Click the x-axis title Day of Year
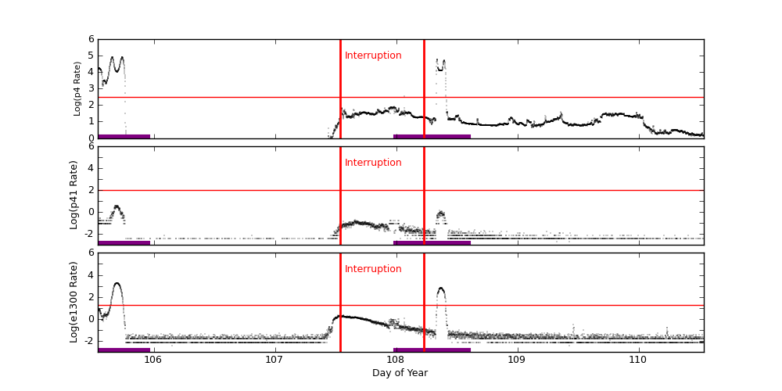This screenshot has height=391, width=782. pos(400,373)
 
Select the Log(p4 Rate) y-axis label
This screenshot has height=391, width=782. pos(77,88)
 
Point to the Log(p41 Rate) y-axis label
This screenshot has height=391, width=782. pos(74,195)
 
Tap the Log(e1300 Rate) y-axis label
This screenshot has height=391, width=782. pos(74,302)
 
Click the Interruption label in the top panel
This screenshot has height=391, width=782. pos(373,56)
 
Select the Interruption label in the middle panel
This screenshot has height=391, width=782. pos(373,163)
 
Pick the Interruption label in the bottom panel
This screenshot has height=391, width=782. pos(373,269)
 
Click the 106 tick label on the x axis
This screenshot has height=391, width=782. pos(152,359)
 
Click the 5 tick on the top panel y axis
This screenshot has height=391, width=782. pos(91,56)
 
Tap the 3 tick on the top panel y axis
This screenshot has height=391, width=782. pos(91,88)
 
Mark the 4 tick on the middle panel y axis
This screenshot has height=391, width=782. pos(91,167)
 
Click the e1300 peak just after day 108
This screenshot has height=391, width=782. pos(441,289)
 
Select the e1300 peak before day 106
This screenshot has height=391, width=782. pos(117,284)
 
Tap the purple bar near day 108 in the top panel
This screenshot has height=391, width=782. pos(432,136)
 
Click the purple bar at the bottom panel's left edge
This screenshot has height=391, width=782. pos(124,350)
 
